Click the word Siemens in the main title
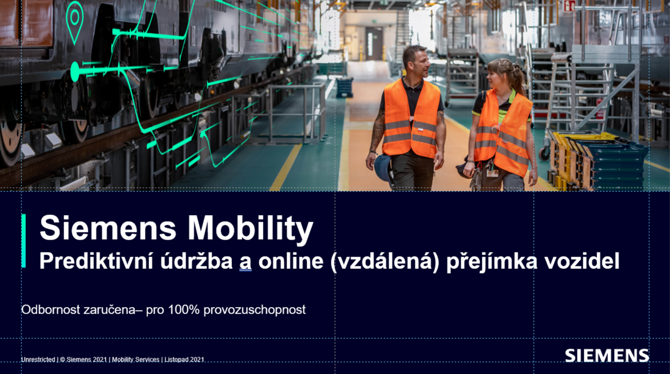coord(108,227)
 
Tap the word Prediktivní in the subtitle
coord(96,261)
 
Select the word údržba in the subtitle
coord(197,261)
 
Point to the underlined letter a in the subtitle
coord(245,263)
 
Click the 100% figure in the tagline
coord(183,310)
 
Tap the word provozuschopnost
coord(255,310)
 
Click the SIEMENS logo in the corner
coord(607,356)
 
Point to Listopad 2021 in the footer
coord(184,360)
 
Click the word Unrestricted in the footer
coord(38,360)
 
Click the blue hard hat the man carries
coord(383,168)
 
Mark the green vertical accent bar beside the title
coord(23,241)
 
